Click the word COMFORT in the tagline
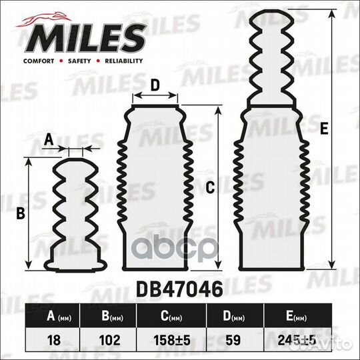coord(39,61)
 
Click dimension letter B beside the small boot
coord(20,213)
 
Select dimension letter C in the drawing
coord(209,189)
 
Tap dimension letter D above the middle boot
coord(154,85)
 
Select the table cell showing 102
coord(109,338)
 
